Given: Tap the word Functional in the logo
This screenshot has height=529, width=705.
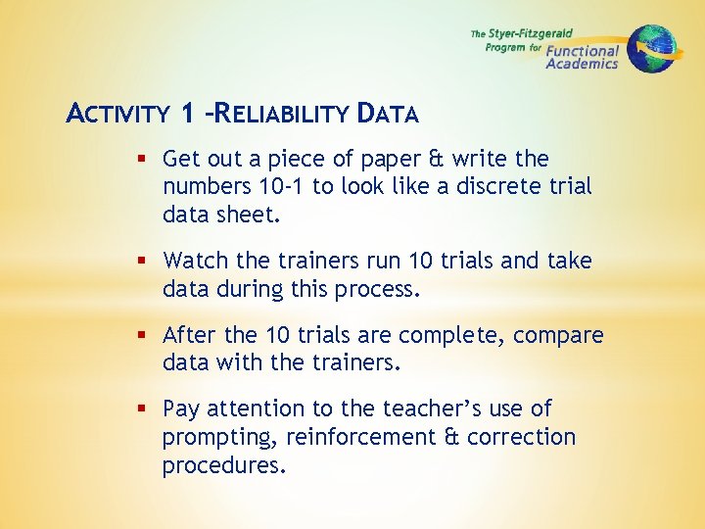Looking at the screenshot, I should (583, 51).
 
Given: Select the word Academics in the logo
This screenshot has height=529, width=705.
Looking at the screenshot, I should (582, 65).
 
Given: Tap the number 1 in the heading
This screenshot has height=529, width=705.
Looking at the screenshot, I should (187, 114).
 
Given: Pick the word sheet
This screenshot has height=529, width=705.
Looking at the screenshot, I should (253, 214).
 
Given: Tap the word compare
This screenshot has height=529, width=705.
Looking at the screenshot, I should (558, 335).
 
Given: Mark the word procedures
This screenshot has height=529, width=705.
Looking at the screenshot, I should (224, 464).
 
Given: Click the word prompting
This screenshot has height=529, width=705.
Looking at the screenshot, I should (212, 436).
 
